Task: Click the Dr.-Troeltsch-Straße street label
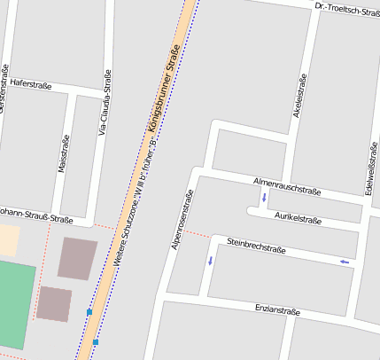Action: point(346,10)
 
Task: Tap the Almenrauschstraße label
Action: point(286,185)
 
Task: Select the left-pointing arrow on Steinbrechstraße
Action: point(345,262)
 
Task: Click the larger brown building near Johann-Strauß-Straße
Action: point(78,258)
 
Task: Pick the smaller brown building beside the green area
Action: point(54,303)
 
